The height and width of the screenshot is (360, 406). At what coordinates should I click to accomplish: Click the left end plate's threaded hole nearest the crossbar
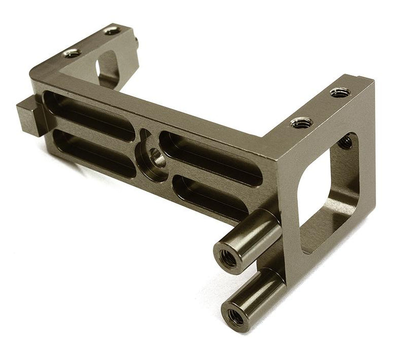coord(72,52)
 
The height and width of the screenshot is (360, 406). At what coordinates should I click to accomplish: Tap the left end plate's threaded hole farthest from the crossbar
coord(112,31)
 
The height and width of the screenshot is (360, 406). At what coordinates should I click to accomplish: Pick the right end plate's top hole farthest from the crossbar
coord(340,93)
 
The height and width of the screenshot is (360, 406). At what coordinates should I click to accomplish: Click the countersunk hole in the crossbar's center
coord(153,156)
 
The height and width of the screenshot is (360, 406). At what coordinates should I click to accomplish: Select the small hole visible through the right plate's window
coord(346,142)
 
